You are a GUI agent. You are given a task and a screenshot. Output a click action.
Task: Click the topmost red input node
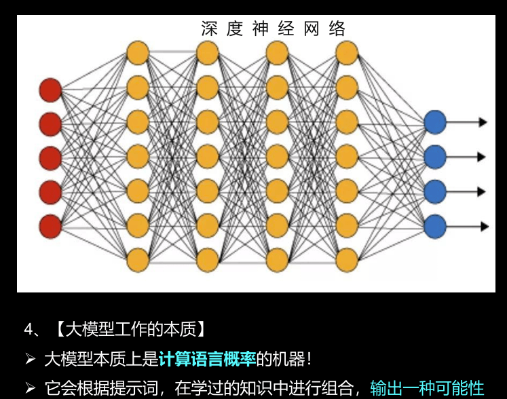(50, 90)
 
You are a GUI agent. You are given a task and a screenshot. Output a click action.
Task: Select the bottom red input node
(50, 226)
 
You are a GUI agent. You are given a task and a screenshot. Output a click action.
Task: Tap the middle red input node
(50, 158)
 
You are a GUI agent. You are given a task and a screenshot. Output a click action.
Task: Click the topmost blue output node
(434, 122)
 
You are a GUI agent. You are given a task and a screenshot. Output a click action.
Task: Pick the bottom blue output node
(434, 225)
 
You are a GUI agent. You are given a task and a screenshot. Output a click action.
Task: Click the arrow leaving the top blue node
(468, 122)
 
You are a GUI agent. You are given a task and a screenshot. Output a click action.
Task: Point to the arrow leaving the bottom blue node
(468, 226)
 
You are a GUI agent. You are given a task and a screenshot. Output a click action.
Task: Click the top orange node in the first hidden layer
(138, 52)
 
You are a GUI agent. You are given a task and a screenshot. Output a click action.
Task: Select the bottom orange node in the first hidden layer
(138, 259)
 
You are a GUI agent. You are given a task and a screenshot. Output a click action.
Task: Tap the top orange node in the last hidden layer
(347, 52)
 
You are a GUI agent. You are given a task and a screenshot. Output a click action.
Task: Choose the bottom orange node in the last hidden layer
(347, 259)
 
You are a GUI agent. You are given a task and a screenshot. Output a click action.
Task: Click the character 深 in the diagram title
(210, 28)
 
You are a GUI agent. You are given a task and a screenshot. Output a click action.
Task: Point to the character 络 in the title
(337, 28)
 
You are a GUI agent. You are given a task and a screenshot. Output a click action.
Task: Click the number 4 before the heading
(29, 330)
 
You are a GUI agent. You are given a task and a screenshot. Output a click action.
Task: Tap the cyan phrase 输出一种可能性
(427, 388)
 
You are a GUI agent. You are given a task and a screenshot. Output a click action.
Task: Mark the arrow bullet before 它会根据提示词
(30, 388)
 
